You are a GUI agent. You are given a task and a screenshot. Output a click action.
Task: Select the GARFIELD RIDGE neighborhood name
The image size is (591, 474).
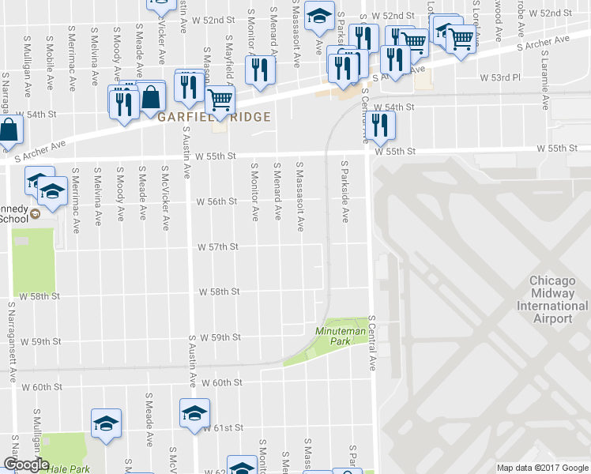214,117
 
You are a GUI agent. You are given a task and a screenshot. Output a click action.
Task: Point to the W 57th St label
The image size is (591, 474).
218,247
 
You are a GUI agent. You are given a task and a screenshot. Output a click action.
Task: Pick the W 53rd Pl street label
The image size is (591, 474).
501,78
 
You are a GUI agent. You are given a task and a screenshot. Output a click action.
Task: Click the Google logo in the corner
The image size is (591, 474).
25,465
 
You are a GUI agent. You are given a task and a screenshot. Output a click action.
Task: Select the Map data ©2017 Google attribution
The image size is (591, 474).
543,468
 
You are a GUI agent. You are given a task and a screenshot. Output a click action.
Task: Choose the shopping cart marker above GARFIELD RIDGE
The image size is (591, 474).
220,100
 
